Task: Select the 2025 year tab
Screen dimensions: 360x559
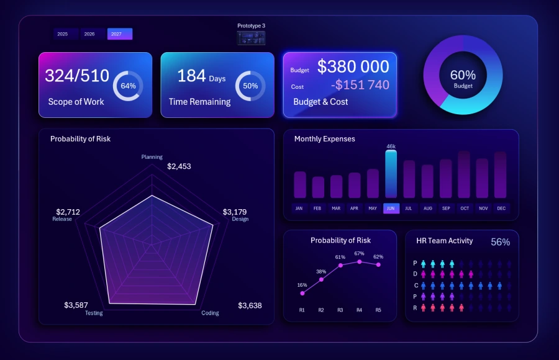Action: (63, 34)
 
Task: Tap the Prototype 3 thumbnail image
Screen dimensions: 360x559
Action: (251, 38)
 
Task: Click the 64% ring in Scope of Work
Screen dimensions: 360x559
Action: (128, 86)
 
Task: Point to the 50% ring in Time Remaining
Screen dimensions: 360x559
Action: (250, 86)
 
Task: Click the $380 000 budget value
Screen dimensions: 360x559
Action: (353, 67)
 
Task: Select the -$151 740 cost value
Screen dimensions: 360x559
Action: (360, 85)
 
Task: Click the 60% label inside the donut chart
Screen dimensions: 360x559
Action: (463, 76)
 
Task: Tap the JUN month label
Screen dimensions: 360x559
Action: (391, 209)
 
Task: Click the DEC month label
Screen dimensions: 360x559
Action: (501, 209)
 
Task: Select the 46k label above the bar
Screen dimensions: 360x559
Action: (391, 146)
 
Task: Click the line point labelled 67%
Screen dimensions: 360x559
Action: (359, 262)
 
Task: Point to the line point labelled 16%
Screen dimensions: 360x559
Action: (302, 293)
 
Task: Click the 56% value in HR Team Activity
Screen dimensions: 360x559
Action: (500, 242)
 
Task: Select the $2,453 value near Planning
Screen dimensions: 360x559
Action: (179, 166)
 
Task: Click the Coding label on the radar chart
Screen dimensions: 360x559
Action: (210, 313)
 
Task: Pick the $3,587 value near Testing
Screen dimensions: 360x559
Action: (76, 305)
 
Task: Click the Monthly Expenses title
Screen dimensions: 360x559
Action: (324, 139)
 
